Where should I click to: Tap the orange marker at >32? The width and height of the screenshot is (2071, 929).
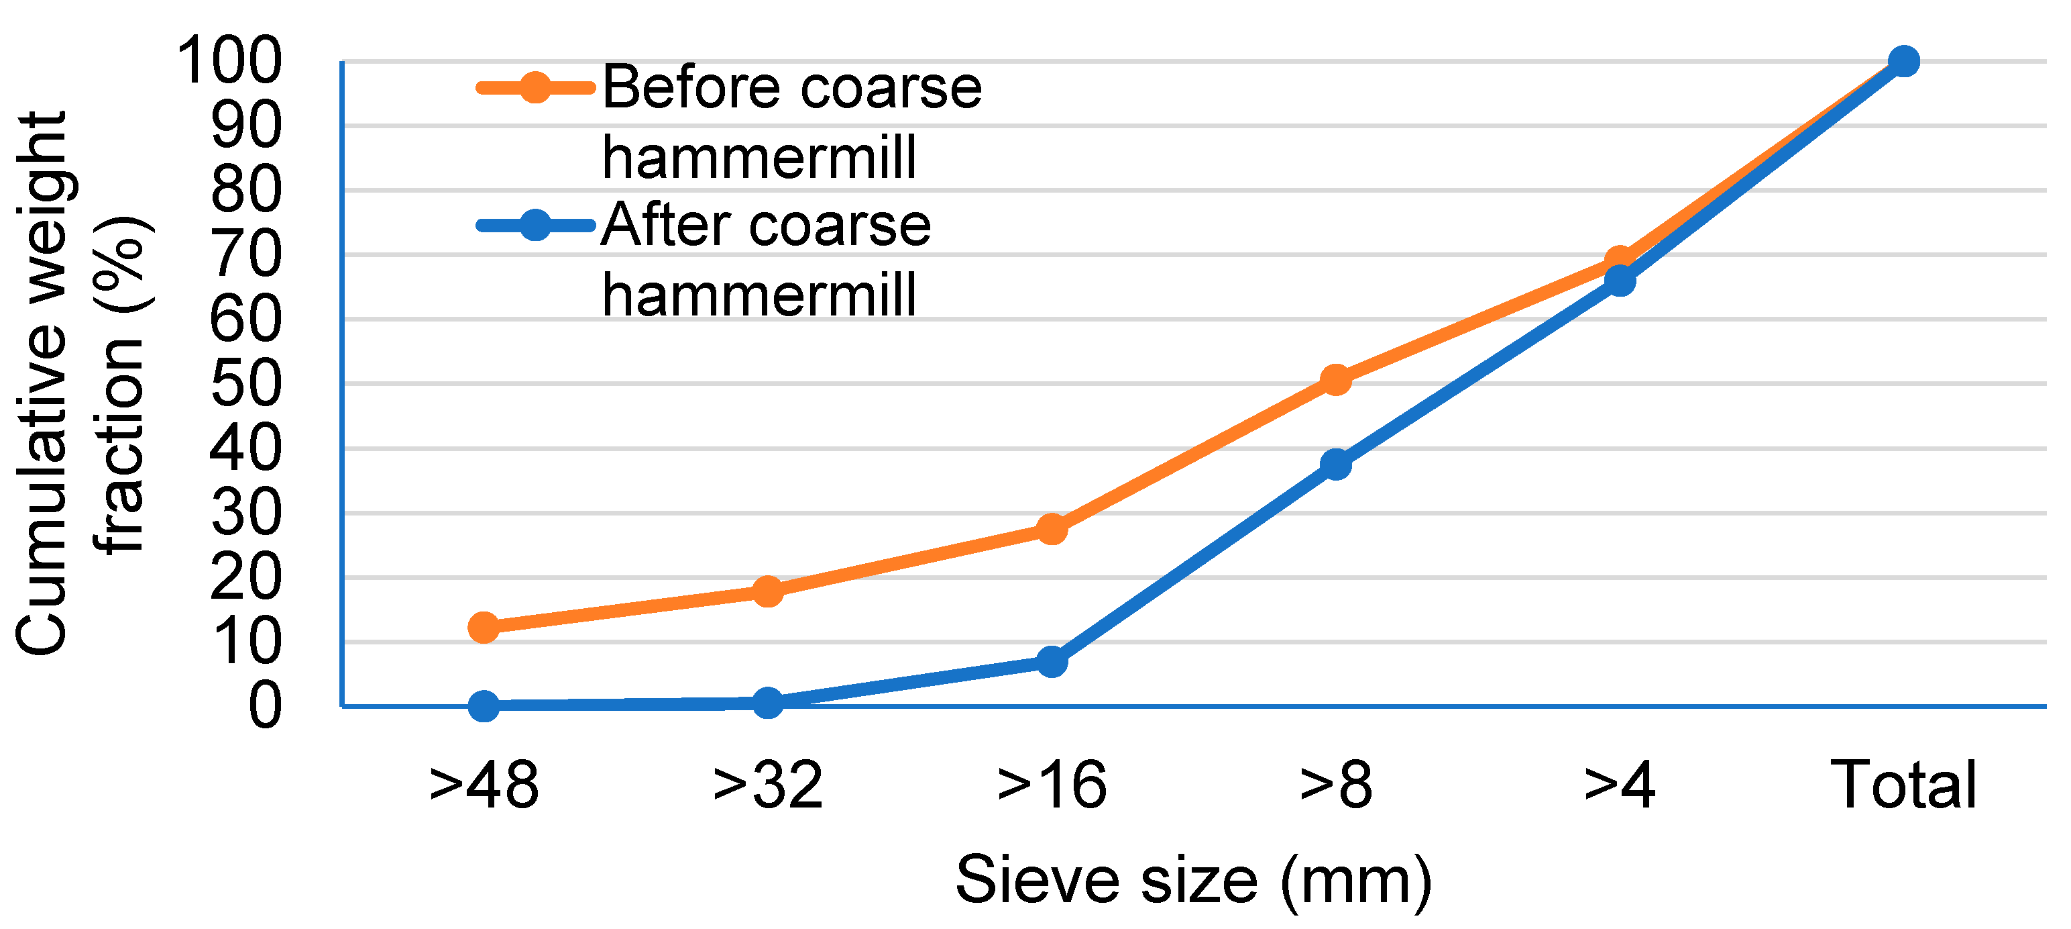click(x=768, y=591)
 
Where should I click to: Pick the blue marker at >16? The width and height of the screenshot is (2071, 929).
click(x=1052, y=661)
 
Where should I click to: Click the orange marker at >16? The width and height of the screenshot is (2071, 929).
click(x=1052, y=529)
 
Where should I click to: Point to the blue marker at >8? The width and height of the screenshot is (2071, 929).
click(x=1335, y=464)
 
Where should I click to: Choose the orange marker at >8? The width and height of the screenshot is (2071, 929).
click(x=1335, y=380)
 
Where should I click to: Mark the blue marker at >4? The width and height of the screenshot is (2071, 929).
click(x=1619, y=281)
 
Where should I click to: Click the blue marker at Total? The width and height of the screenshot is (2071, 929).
click(x=1903, y=61)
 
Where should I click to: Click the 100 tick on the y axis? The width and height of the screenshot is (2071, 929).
click(x=229, y=61)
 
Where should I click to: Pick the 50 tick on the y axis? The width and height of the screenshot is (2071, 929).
click(x=245, y=384)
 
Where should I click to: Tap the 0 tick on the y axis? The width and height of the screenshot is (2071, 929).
click(x=264, y=706)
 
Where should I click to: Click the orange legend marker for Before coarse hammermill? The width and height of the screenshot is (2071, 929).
click(x=535, y=87)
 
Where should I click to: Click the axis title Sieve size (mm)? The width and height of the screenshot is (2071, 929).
click(x=1193, y=881)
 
